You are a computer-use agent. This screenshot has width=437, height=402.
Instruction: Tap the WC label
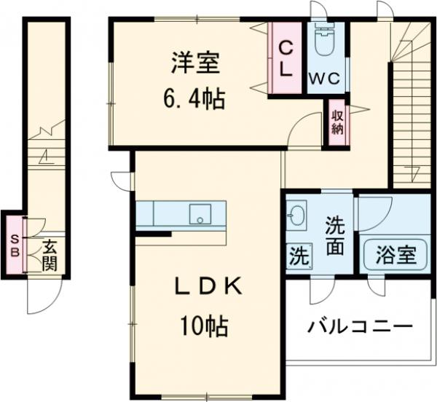pos(324,77)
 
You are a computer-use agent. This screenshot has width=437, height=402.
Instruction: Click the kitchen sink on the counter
pos(199,215)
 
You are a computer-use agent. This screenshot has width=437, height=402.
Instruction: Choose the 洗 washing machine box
pos(298,256)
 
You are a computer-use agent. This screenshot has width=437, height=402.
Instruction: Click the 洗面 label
pos(334,235)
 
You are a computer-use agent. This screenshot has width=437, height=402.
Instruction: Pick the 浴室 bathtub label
pos(395,256)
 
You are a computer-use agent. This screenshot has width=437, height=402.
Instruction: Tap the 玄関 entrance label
pos(48,254)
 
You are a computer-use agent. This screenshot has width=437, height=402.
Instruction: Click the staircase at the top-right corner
pos(412,102)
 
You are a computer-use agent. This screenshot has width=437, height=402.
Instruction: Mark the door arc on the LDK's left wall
pos(120,179)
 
